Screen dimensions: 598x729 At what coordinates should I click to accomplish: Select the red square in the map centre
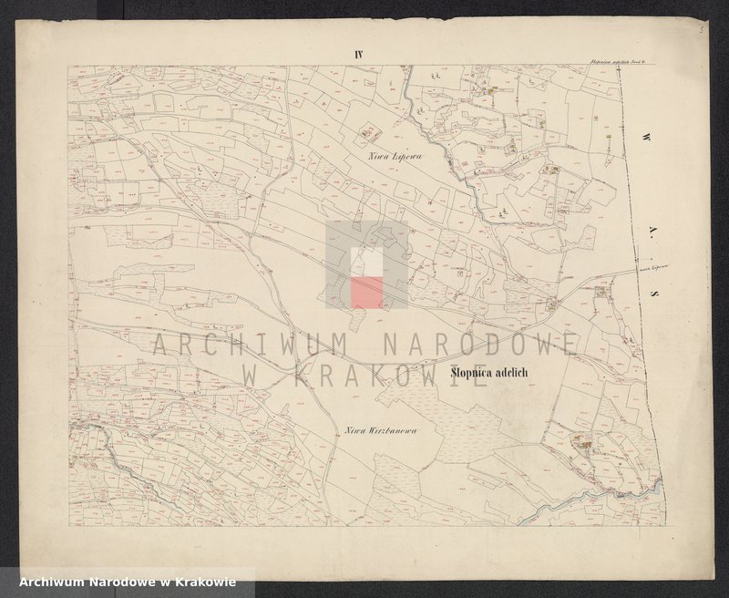tap(367, 292)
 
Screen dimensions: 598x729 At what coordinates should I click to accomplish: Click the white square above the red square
tap(367, 262)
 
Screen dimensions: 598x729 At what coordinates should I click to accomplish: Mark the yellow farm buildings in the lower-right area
tap(580, 445)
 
